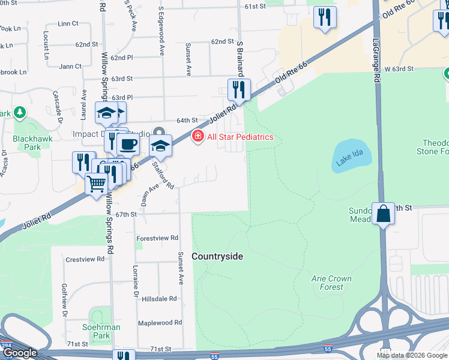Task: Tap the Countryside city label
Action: (217, 256)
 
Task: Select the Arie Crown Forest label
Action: (331, 283)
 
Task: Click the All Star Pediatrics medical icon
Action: (197, 137)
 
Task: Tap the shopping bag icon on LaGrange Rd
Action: (383, 214)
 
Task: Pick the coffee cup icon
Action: (128, 145)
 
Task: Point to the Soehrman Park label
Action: (101, 331)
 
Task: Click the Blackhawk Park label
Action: (27, 142)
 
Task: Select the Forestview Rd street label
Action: (157, 238)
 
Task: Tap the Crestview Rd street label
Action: (85, 259)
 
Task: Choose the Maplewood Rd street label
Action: (160, 323)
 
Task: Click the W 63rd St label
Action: (399, 69)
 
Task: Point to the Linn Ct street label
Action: (68, 23)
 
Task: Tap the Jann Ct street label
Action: (70, 66)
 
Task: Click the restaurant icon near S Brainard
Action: (239, 90)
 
